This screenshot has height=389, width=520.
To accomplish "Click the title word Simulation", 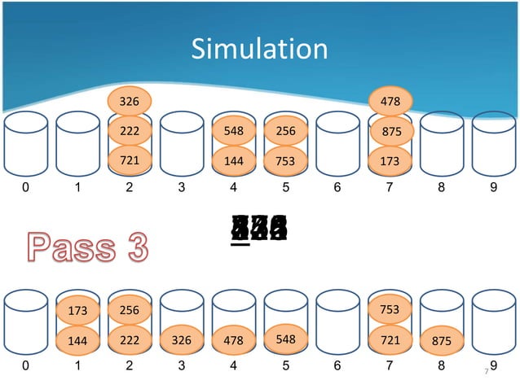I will point(259,50).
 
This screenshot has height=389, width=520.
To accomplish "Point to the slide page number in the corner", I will point(487,371).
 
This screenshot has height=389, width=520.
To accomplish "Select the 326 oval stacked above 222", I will point(129,102).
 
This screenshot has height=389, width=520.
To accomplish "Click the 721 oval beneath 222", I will point(129,161).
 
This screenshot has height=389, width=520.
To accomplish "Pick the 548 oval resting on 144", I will point(233,130).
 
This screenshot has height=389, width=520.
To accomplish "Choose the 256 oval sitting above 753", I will point(285,130).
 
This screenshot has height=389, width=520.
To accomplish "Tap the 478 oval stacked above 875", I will point(390,102).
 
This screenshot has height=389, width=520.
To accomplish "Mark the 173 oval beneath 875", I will point(390,161).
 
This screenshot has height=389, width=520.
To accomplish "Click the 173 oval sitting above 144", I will point(77,310).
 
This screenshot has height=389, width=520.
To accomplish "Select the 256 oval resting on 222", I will point(129,309).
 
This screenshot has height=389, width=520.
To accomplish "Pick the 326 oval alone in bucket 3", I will point(181,339).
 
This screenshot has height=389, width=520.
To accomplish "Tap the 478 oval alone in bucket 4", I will point(233,339).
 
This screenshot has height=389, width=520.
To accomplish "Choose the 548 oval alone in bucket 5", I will point(285,339).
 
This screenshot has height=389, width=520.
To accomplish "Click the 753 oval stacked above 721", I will point(390,309).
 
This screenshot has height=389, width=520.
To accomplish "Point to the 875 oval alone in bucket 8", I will point(441,340).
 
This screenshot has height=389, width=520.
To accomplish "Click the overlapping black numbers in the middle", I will point(259,230).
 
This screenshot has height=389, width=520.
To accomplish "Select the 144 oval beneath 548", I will point(233,161).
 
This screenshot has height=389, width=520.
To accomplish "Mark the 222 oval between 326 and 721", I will point(129,131).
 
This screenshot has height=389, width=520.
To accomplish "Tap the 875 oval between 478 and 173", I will point(390,131).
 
